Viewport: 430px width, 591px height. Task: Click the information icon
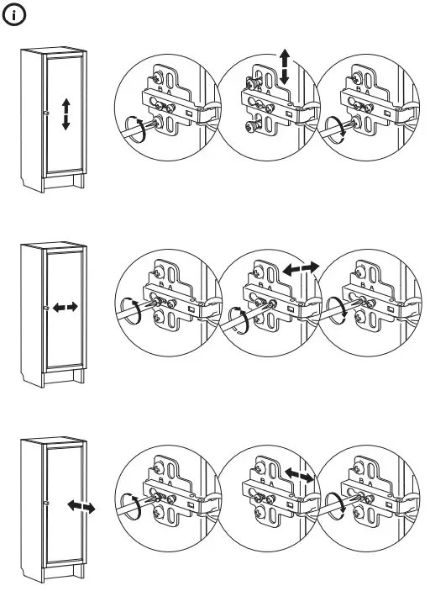point(18,16)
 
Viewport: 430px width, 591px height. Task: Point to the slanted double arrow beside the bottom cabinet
point(81,507)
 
